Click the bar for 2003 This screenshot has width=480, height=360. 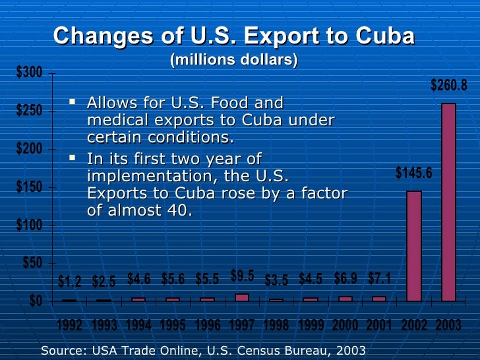pos(448,202)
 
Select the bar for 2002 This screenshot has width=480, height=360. pos(413,245)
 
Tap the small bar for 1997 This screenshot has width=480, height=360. pos(242,297)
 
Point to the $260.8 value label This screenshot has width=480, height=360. pos(449,85)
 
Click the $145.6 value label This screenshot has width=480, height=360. pos(414,173)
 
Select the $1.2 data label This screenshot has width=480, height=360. pos(70,282)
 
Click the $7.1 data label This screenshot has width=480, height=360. pos(379,278)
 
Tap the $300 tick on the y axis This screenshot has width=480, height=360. pos(29,73)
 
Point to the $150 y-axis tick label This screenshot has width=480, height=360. pos(29,187)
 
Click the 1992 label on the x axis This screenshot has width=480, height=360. pos(70,325)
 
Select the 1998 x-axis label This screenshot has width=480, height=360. pos(276,325)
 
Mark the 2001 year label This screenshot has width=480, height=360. pos(379,325)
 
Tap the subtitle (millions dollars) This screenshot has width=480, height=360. pos(234,60)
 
